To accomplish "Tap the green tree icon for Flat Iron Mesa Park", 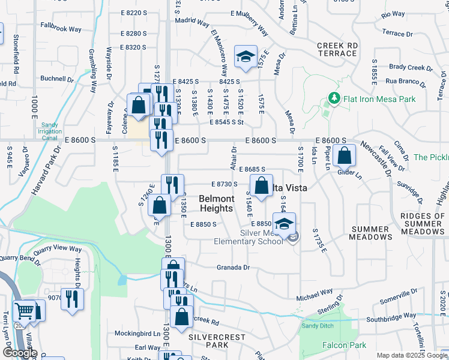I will pos(333,97).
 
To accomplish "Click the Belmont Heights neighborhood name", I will pos(216,203).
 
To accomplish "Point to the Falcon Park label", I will pos(344,345).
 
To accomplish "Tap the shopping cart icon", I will pos(25,311).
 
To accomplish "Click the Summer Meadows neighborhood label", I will pos(371,233).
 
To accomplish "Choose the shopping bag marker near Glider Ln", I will pos(344,156).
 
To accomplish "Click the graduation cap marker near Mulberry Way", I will pos(246,57).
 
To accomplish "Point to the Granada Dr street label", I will pos(233,268).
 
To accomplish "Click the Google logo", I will pos(20,353).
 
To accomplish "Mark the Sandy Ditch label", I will pos(316,326).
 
